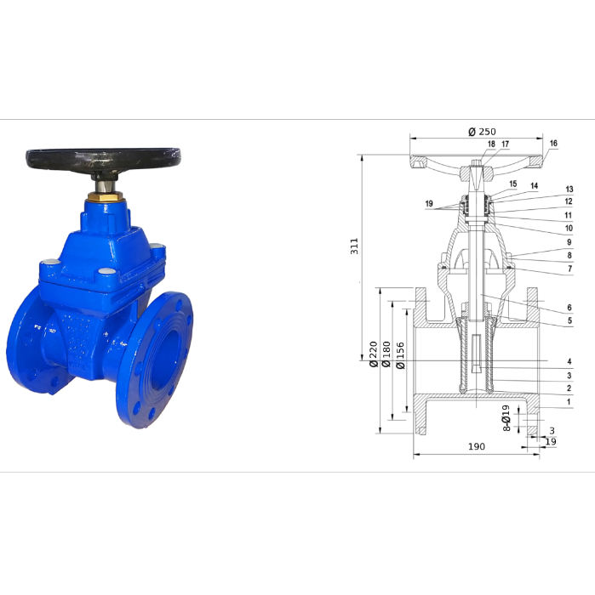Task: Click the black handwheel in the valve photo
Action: pyautogui.click(x=103, y=160)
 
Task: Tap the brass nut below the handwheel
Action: pyautogui.click(x=106, y=197)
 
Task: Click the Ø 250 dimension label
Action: pyautogui.click(x=482, y=132)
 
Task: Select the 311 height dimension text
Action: pyautogui.click(x=354, y=246)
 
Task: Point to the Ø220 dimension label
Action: pyautogui.click(x=374, y=354)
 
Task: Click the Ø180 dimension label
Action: pyautogui.click(x=386, y=354)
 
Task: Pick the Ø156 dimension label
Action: pyautogui.click(x=400, y=355)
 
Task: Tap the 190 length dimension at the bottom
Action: pyautogui.click(x=477, y=446)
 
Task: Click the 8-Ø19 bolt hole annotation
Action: pyautogui.click(x=506, y=418)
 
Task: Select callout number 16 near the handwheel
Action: pyautogui.click(x=553, y=143)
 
